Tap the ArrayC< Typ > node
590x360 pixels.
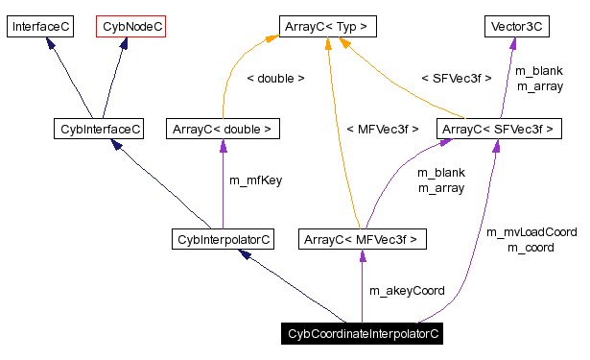pyautogui.click(x=327, y=27)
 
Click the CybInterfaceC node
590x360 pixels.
pyautogui.click(x=98, y=128)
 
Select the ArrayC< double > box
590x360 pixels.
pyautogui.click(x=223, y=128)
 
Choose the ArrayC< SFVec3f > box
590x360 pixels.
pyautogui.click(x=496, y=128)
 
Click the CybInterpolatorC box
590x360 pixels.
pyautogui.click(x=222, y=237)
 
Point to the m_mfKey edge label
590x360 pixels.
pyautogui.click(x=255, y=180)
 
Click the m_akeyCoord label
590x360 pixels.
pyautogui.click(x=407, y=290)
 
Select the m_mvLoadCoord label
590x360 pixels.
pyautogui.click(x=531, y=232)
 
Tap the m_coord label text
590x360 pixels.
pyautogui.click(x=531, y=248)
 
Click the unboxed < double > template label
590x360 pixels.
pyautogui.click(x=275, y=78)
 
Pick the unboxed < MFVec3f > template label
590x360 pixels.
pyautogui.click(x=382, y=128)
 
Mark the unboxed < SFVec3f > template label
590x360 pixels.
pyautogui.click(x=456, y=78)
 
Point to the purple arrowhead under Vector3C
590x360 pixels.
pyautogui.click(x=514, y=44)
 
